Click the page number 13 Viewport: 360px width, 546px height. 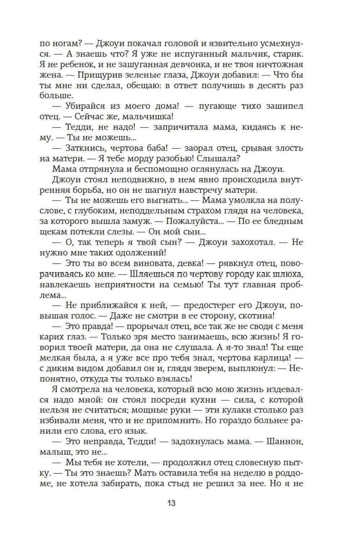click(171, 503)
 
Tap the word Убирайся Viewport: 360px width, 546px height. click(85, 106)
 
